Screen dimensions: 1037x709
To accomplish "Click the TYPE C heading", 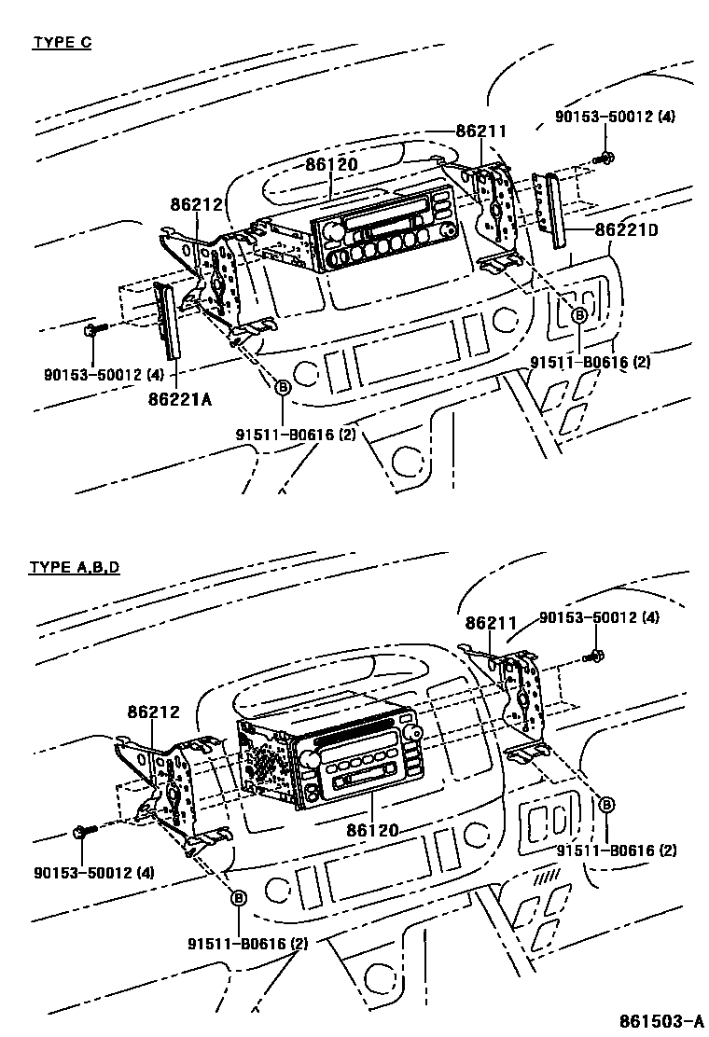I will (x=62, y=42).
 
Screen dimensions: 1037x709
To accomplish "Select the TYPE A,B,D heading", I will (x=74, y=567).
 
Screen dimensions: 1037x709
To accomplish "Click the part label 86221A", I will (x=180, y=400).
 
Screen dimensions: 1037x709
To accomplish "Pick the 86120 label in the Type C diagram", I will (x=331, y=165).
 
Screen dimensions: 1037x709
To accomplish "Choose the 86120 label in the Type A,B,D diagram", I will (x=372, y=829).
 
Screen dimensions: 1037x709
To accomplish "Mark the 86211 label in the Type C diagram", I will (x=481, y=131).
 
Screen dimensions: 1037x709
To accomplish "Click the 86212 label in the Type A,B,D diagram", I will (x=153, y=712).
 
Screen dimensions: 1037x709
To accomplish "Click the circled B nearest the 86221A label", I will (x=283, y=386).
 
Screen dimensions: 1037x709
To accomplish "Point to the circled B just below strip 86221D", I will (x=578, y=315).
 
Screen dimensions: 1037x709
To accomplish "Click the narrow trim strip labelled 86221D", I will (x=557, y=212).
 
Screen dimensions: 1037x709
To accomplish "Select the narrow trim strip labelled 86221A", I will (x=167, y=322).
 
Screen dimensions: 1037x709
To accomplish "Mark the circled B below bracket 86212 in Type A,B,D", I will (x=238, y=897).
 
